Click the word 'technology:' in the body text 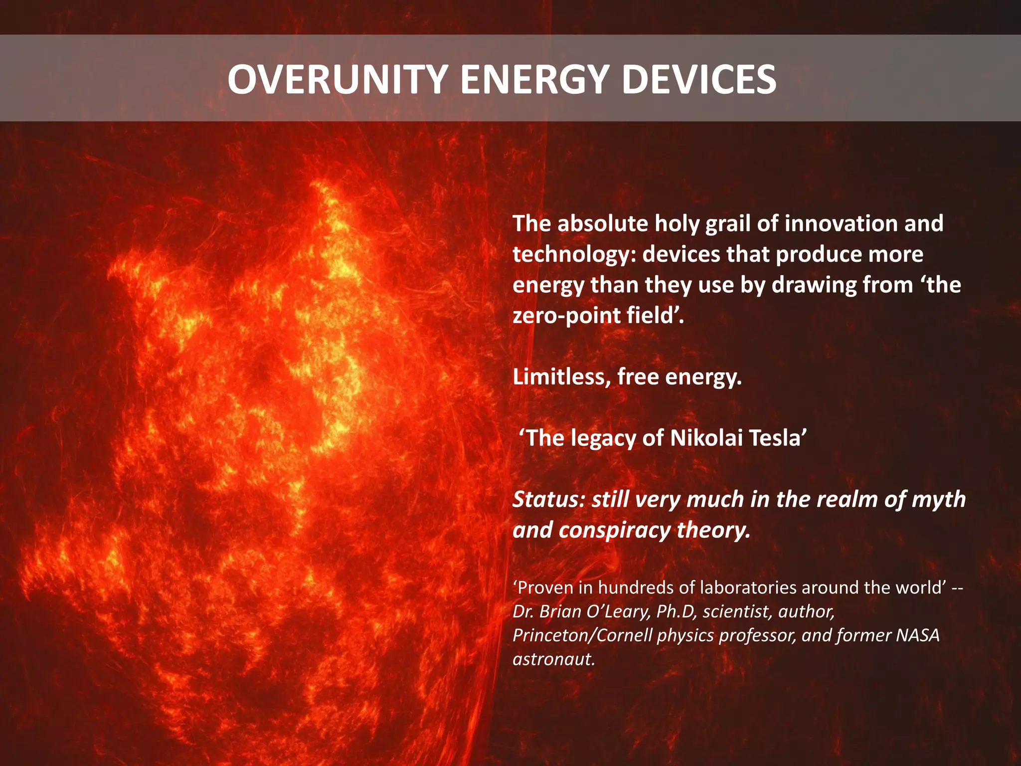tap(574, 255)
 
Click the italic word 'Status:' tap(548, 500)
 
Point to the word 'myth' tap(938, 500)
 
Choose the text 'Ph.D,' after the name tap(676, 612)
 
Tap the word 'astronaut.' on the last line tap(554, 660)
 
